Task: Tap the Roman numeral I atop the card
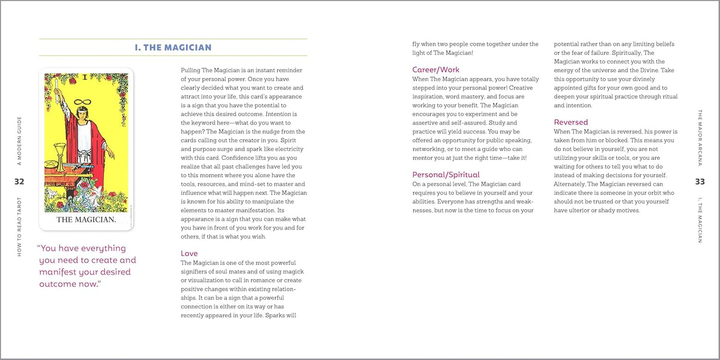pos(85,77)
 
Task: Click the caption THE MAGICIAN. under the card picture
pos(86,220)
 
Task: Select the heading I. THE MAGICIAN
pos(173,48)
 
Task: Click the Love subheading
pos(189,253)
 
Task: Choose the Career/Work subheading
pos(435,70)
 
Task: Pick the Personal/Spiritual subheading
pos(445,175)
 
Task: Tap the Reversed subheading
pos(571,122)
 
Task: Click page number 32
pos(19,182)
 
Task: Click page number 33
pos(700,182)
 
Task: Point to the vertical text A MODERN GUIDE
pos(19,141)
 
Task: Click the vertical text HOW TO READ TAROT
pos(19,227)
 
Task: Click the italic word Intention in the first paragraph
pos(278,114)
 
